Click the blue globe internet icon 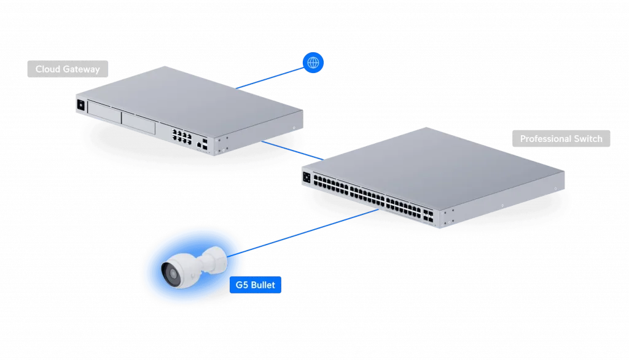(x=313, y=62)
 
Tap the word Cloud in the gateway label (x=47, y=69)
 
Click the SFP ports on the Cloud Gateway (x=205, y=146)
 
